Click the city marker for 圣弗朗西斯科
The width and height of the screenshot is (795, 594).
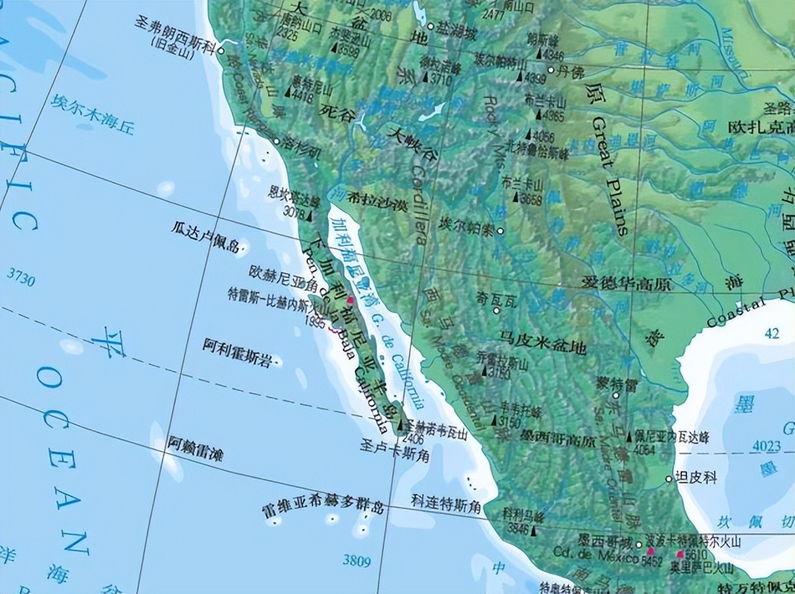click(220, 51)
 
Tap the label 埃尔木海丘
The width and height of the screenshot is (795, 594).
click(94, 114)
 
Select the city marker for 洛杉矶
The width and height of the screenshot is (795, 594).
click(277, 141)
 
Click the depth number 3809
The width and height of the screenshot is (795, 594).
click(357, 562)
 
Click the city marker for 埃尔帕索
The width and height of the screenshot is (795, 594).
click(500, 231)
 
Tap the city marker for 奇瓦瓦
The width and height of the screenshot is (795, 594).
click(496, 309)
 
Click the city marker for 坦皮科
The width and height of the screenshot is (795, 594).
click(669, 479)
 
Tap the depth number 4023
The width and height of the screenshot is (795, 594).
click(766, 445)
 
